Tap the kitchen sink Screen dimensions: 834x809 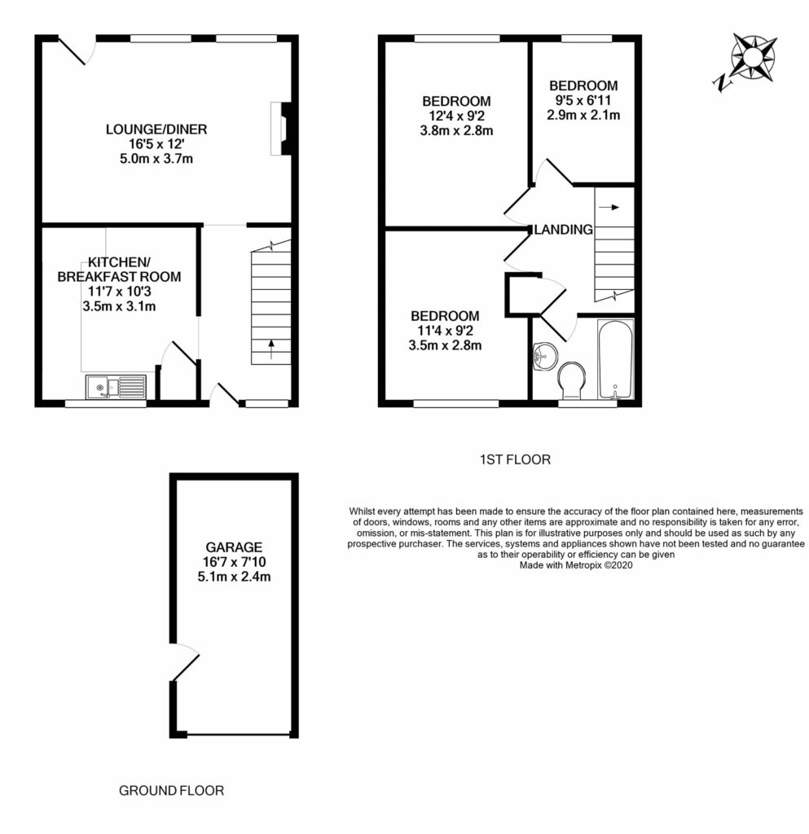[115, 386]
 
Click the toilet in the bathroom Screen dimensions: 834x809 [570, 380]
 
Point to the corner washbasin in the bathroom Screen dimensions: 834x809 [542, 355]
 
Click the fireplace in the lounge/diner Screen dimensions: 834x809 [279, 128]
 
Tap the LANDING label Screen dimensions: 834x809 [563, 230]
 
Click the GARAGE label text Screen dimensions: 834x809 [233, 546]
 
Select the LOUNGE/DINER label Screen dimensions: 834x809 [156, 129]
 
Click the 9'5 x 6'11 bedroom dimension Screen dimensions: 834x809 [583, 100]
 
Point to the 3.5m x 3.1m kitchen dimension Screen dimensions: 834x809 [119, 306]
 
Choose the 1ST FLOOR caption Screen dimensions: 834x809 [515, 460]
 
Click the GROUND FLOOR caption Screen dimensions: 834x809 [171, 790]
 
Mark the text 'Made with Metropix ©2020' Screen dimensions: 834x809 [576, 563]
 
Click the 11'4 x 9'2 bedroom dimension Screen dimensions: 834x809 [445, 331]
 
